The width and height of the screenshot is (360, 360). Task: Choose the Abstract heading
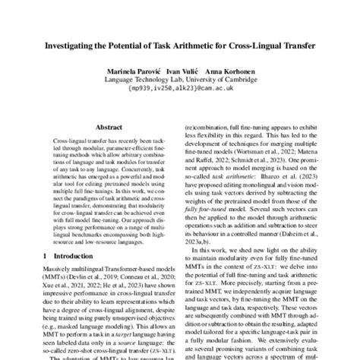point(100,128)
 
